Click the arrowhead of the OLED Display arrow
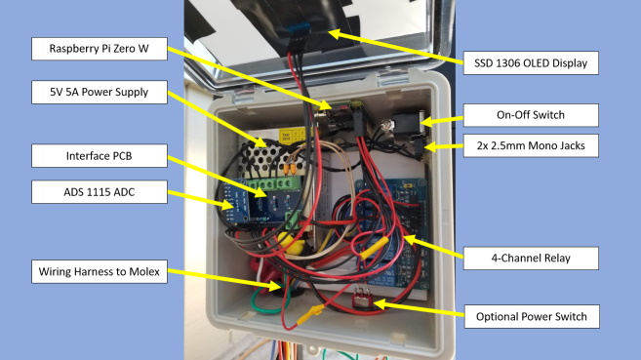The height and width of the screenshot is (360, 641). (331, 33)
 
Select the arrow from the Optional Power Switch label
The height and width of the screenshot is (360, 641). (420, 309)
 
